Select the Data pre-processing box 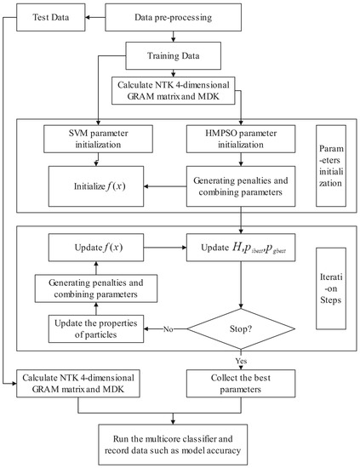(x=174, y=16)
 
